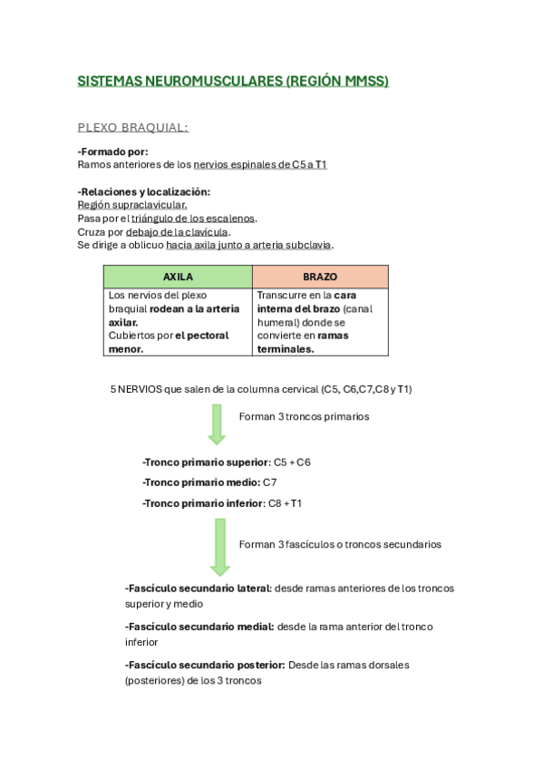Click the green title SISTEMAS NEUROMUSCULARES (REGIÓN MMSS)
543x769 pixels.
(x=233, y=81)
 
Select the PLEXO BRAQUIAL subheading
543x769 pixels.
(x=133, y=127)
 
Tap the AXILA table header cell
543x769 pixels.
(x=178, y=277)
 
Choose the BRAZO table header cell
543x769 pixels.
(x=320, y=277)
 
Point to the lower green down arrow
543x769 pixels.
(x=219, y=547)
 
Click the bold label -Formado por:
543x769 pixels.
(x=113, y=151)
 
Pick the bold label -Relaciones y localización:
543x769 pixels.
(x=144, y=191)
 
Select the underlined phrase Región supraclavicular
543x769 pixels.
(x=132, y=205)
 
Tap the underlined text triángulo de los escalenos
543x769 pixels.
(x=193, y=219)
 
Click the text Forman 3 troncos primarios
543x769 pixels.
(x=304, y=416)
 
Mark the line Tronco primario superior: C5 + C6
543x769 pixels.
(x=227, y=462)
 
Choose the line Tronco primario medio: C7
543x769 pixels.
(x=209, y=482)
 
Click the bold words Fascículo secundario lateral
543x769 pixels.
(x=199, y=588)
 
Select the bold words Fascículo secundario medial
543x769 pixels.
(x=199, y=626)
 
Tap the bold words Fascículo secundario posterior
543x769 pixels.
(x=205, y=665)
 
